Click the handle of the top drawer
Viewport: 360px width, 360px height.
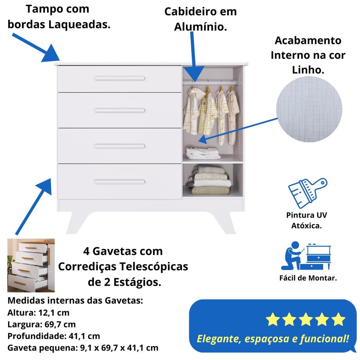click(x=119, y=78)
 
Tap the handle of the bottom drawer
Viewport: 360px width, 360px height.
click(x=119, y=182)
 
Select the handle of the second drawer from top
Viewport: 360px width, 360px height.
click(x=119, y=110)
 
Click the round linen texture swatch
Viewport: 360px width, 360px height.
click(x=309, y=109)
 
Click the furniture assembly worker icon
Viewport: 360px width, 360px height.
click(x=306, y=256)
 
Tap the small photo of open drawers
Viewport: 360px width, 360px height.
click(x=31, y=265)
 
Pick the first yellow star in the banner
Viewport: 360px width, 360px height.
click(x=273, y=319)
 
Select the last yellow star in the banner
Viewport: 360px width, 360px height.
click(x=339, y=319)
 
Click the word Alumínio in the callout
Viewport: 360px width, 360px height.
click(x=200, y=27)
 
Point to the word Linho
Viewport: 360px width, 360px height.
click(x=308, y=70)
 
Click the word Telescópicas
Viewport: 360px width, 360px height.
click(x=154, y=266)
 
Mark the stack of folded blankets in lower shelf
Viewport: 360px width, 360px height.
click(x=210, y=180)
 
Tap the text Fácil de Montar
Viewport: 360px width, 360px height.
click(x=308, y=278)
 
